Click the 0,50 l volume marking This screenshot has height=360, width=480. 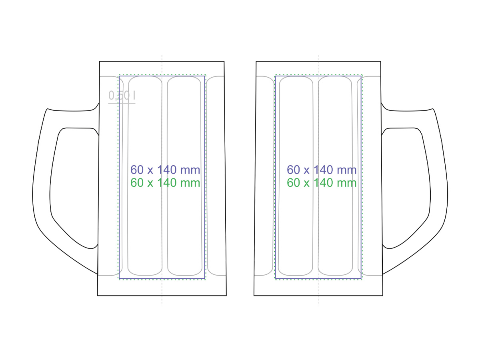pos(122,96)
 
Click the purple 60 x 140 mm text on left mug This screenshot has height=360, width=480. pos(165,170)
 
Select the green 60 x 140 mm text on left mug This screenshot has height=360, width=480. pos(165,183)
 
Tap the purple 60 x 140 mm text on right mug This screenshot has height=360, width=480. pos(322,170)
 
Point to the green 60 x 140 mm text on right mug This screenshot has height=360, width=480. pos(322,183)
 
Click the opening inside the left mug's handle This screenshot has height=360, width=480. pos(74,186)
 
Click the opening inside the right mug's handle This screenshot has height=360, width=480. pos(406,186)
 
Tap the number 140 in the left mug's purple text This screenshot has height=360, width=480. pos(167,170)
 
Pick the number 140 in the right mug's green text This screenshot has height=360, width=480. pos(323,183)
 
